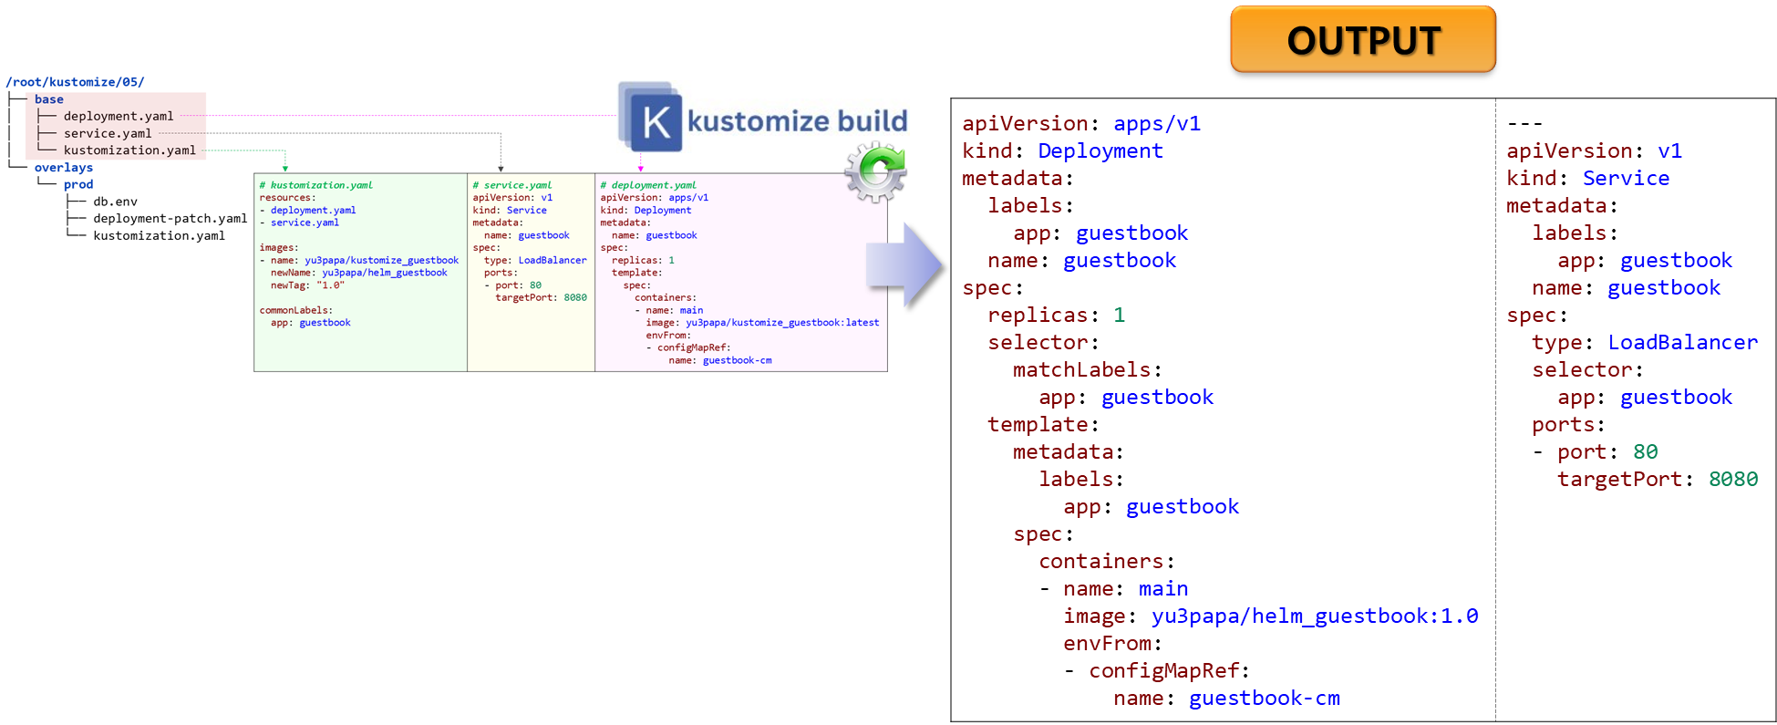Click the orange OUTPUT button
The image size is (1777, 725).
[x=1363, y=39]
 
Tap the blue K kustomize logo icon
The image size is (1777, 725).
[x=650, y=117]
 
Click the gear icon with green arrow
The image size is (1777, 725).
[x=875, y=171]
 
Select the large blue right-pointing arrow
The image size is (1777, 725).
[x=904, y=265]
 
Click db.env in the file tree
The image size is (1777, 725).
[x=115, y=202]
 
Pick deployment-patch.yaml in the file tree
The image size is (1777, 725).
[x=170, y=219]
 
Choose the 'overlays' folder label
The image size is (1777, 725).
[x=64, y=168]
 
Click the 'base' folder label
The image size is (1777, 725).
[x=49, y=99]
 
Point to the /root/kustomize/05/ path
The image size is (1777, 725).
[x=75, y=82]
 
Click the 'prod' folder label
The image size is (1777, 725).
[x=78, y=184]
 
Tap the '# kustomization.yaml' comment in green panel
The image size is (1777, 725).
[x=316, y=185]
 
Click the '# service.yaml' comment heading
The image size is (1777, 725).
[x=512, y=185]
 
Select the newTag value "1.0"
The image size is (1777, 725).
[x=330, y=285]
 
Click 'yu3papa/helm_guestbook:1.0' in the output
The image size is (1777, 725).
[x=1315, y=616]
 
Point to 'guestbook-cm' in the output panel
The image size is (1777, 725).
[x=1265, y=699]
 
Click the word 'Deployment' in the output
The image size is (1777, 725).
[x=1100, y=151]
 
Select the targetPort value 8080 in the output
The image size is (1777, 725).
[x=1733, y=480]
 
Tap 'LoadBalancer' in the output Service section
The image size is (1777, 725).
[x=1683, y=343]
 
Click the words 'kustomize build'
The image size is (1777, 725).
[x=797, y=120]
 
